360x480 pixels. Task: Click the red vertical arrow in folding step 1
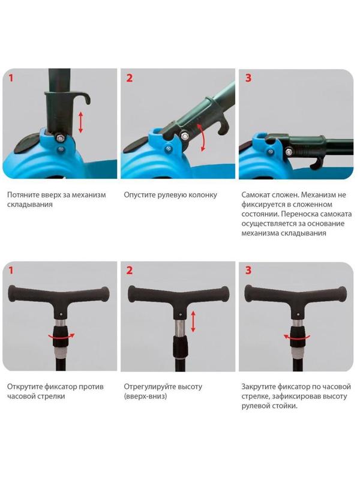[80, 122]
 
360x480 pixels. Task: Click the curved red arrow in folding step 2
[202, 137]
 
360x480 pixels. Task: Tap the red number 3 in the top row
[248, 78]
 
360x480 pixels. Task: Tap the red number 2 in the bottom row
[130, 271]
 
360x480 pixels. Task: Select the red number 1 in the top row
[11, 78]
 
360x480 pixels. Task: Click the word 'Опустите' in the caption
[139, 195]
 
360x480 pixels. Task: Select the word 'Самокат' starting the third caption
[255, 195]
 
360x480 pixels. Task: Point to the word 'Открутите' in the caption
[25, 386]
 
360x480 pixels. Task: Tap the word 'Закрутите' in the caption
[259, 386]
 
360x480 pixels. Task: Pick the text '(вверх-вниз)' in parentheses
[145, 397]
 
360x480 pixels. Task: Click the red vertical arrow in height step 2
[193, 322]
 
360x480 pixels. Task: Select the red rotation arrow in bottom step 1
[62, 337]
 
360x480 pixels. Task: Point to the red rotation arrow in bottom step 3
[296, 337]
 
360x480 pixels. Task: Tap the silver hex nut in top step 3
[289, 151]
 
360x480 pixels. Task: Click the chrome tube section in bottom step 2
[179, 328]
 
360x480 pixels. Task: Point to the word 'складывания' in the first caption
[29, 205]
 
